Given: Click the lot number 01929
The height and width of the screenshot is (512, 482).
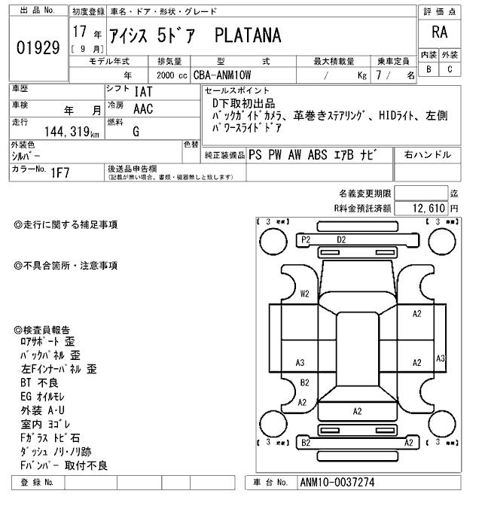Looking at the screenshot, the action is [38, 49].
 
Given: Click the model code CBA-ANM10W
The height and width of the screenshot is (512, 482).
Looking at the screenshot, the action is [227, 75].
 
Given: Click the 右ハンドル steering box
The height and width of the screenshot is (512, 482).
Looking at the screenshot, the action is [428, 155].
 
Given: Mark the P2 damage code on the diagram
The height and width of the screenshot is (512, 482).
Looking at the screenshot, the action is [306, 239].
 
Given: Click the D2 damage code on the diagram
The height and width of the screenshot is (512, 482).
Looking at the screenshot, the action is [341, 239].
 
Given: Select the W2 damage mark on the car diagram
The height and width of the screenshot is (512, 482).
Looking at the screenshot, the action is [305, 294].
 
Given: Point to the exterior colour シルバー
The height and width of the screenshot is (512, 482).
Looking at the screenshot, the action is [26, 154].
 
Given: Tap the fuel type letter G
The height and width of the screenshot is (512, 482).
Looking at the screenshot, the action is [136, 132].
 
